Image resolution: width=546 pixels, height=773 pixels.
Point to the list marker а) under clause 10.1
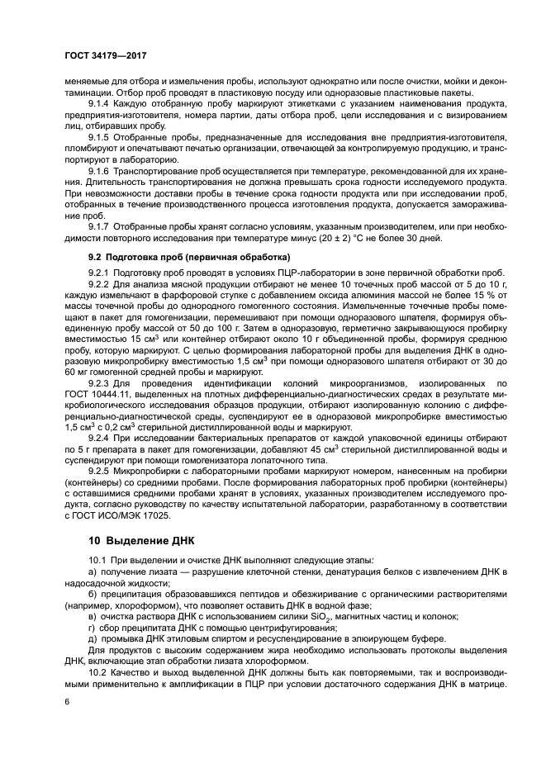pyautogui.click(x=92, y=571)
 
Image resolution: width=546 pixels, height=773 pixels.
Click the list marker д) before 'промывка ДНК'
pyautogui.click(x=92, y=640)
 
